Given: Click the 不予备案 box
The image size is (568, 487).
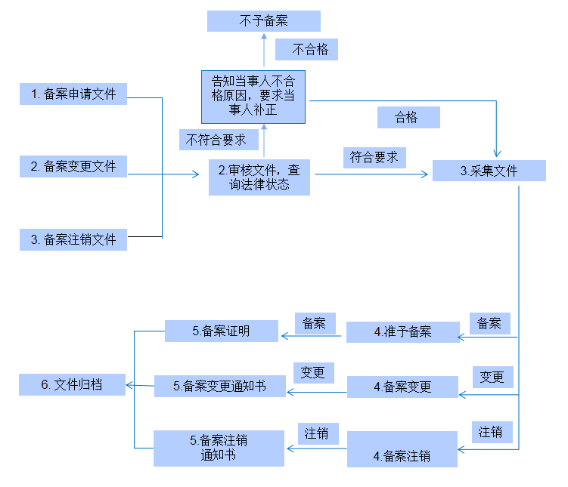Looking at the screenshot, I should tap(263, 21).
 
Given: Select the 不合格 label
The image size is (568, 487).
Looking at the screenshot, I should tap(306, 50).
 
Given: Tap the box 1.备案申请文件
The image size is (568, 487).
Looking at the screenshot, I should tap(73, 94).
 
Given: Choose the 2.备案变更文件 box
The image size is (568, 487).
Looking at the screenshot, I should tap(73, 167).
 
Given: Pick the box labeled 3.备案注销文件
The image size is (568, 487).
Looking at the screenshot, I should tap(73, 239).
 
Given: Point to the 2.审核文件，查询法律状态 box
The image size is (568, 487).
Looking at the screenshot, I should tap(259, 178).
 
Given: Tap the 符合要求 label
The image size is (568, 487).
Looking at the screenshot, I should tap(374, 158).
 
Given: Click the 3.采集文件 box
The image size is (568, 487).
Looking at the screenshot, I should tap(489, 171).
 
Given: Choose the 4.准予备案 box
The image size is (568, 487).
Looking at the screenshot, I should tap(402, 332).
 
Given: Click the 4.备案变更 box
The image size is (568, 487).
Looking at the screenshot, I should tap(402, 387).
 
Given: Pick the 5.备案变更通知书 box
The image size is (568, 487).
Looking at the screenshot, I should tap(219, 387).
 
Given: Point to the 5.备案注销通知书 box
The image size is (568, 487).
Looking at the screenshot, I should tap(219, 448).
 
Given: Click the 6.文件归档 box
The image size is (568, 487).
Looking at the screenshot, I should tap(72, 385).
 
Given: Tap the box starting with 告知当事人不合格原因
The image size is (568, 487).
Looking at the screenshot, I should tap(253, 96).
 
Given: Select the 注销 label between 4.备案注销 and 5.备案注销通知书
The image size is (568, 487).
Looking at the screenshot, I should tap(317, 433).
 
